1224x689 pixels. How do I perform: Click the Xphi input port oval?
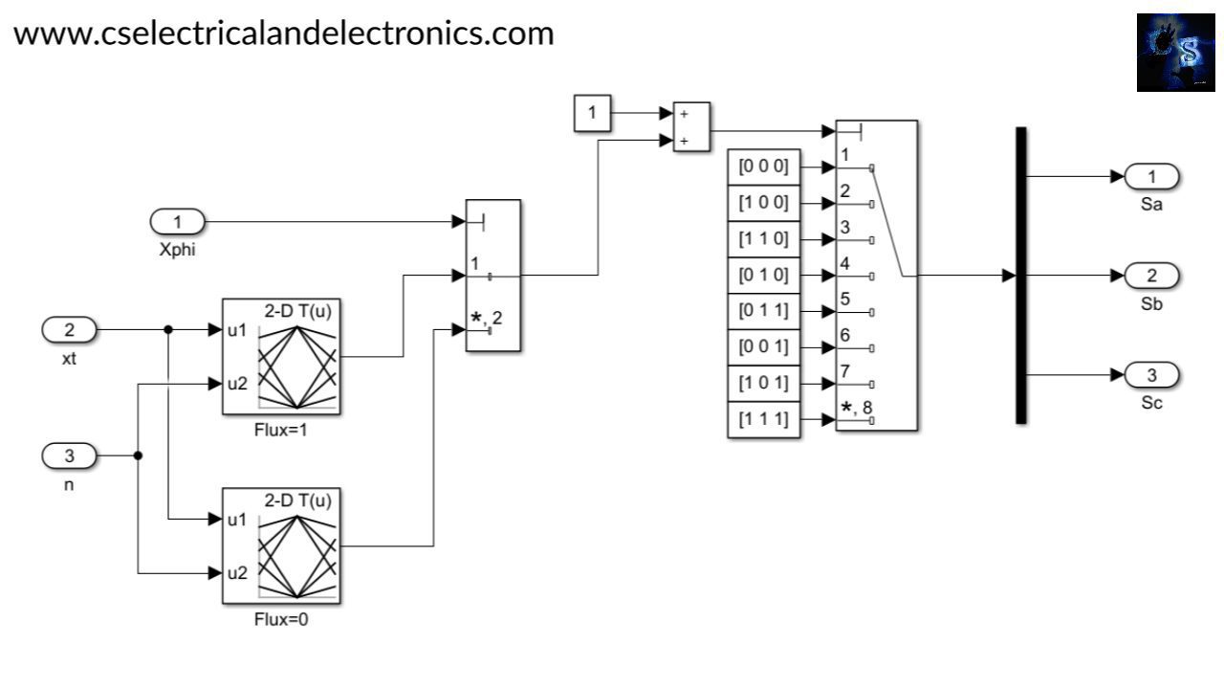point(178,223)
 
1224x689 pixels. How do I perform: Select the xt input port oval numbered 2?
point(69,330)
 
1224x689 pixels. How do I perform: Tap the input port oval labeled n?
point(69,456)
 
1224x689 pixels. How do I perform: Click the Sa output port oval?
point(1151,176)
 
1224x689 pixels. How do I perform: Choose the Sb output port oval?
point(1151,277)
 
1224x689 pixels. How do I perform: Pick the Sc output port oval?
point(1151,374)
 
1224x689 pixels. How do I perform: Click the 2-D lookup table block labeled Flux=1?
point(281,356)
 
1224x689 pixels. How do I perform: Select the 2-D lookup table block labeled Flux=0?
point(281,545)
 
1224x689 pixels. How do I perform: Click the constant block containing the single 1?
point(592,113)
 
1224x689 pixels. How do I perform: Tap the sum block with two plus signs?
point(691,126)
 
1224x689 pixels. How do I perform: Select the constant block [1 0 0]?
point(763,204)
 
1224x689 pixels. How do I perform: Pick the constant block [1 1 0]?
point(763,239)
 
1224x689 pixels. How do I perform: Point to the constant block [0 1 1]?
point(763,311)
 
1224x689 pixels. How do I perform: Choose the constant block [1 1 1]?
point(763,419)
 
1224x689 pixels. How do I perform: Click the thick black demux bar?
point(1020,275)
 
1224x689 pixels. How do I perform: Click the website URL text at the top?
point(284,33)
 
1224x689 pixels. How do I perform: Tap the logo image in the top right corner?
point(1175,53)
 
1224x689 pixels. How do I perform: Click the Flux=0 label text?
point(281,619)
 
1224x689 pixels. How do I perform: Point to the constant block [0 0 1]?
point(763,347)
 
